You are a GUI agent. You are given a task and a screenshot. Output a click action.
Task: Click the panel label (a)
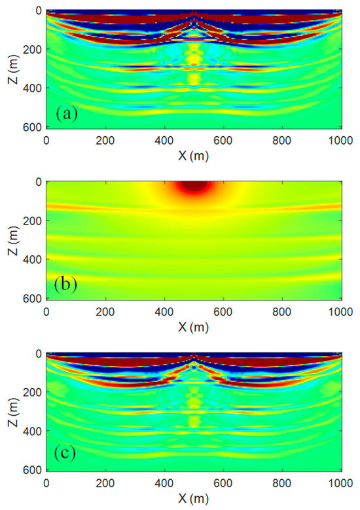click(67, 115)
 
